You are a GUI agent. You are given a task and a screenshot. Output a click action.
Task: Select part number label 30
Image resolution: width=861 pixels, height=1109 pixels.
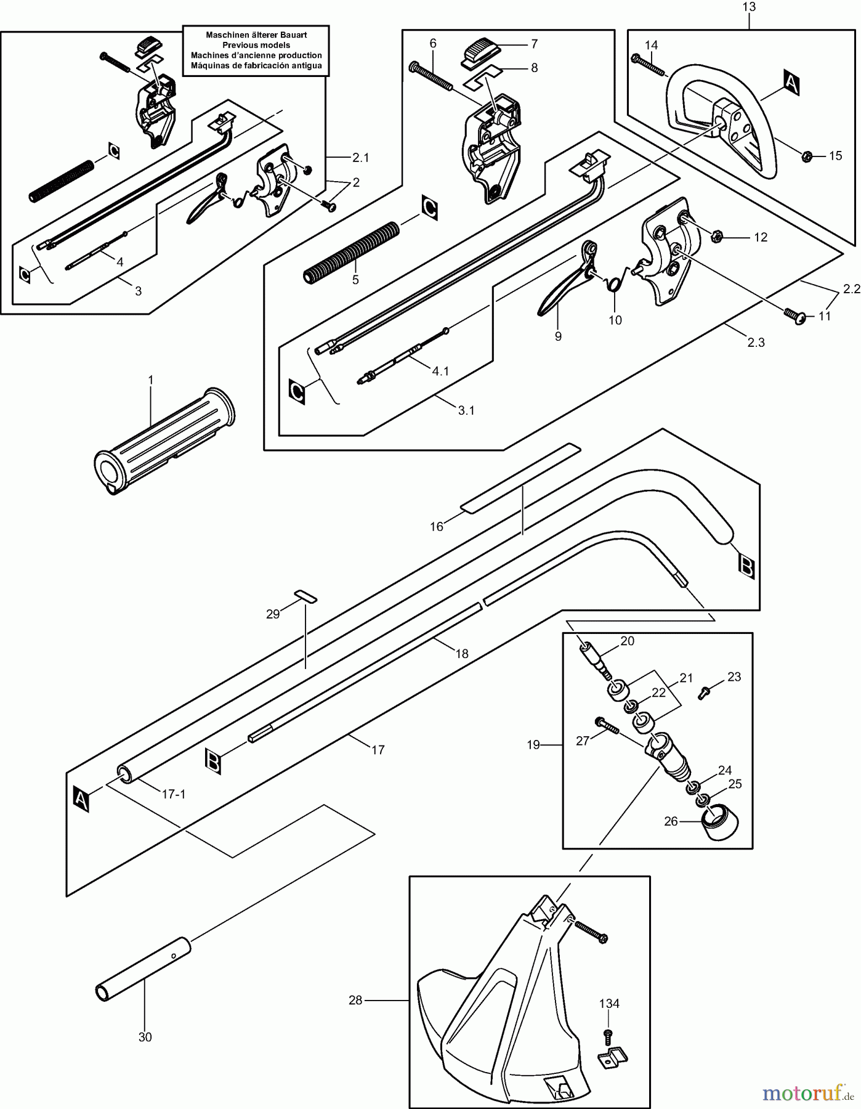pos(145,1037)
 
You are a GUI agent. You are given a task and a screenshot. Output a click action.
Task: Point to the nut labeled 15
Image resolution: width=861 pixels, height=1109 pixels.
pos(806,156)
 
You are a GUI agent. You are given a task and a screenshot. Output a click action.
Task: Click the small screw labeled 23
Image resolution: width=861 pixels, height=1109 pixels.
pos(703,694)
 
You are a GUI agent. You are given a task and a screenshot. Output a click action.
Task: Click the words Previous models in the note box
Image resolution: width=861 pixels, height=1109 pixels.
pos(256,45)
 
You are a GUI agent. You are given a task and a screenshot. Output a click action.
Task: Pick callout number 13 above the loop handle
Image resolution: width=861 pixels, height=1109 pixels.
pos(749,7)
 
